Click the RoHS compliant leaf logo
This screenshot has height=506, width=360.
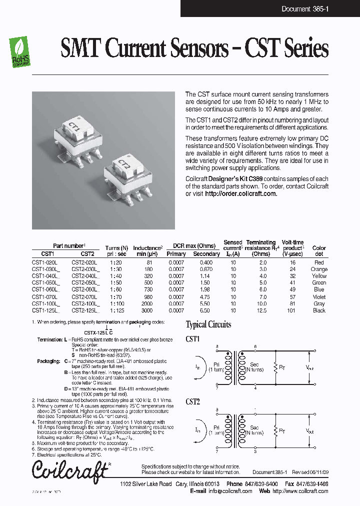[x=20, y=52]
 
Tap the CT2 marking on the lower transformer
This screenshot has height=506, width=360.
[x=124, y=163]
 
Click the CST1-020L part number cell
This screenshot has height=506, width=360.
[x=45, y=262]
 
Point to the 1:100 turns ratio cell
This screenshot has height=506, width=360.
[x=116, y=303]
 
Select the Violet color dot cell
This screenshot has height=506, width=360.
[x=319, y=297]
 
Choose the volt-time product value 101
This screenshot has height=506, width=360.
[x=293, y=310]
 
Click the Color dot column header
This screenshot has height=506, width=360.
[x=319, y=250]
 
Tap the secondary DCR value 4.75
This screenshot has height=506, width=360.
[x=206, y=297]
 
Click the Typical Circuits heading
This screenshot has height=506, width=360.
[x=208, y=324]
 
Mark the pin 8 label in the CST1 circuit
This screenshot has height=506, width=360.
[x=216, y=346]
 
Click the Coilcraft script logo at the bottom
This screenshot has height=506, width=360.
[x=70, y=469]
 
